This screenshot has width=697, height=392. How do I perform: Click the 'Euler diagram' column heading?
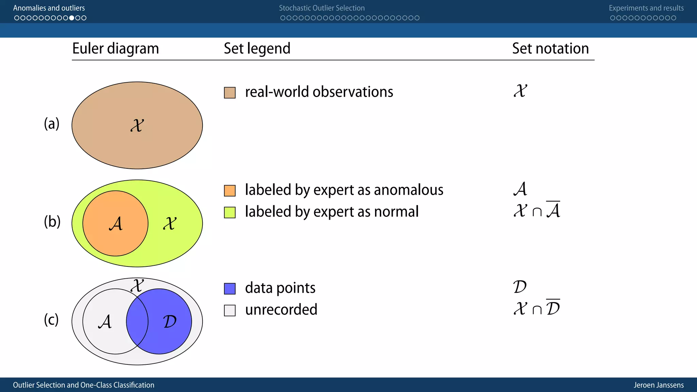tap(115, 49)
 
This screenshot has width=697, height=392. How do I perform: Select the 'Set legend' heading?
tap(257, 49)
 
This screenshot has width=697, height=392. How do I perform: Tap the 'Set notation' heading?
tap(550, 49)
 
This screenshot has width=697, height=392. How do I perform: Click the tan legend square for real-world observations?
tap(230, 93)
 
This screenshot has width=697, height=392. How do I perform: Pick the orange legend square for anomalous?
tap(230, 191)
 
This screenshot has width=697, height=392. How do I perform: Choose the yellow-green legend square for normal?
tap(230, 212)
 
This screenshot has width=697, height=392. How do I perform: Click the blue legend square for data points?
tap(230, 289)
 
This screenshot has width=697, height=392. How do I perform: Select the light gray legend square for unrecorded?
tap(230, 310)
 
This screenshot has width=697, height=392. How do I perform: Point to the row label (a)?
tap(52, 124)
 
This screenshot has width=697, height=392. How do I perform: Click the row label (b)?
tap(52, 222)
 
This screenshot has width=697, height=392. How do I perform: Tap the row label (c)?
tap(51, 320)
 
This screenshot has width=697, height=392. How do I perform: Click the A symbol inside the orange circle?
tap(116, 224)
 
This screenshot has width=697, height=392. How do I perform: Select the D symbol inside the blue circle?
tap(169, 322)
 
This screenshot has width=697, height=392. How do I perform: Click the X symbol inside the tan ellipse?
tap(137, 126)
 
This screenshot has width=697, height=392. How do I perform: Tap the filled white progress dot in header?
tap(72, 18)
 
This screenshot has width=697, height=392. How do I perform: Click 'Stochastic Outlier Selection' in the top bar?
tap(322, 8)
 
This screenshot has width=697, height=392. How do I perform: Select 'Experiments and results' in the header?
tap(646, 8)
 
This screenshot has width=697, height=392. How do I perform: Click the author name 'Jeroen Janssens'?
tap(659, 385)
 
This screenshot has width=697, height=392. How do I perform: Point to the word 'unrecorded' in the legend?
tap(281, 310)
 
